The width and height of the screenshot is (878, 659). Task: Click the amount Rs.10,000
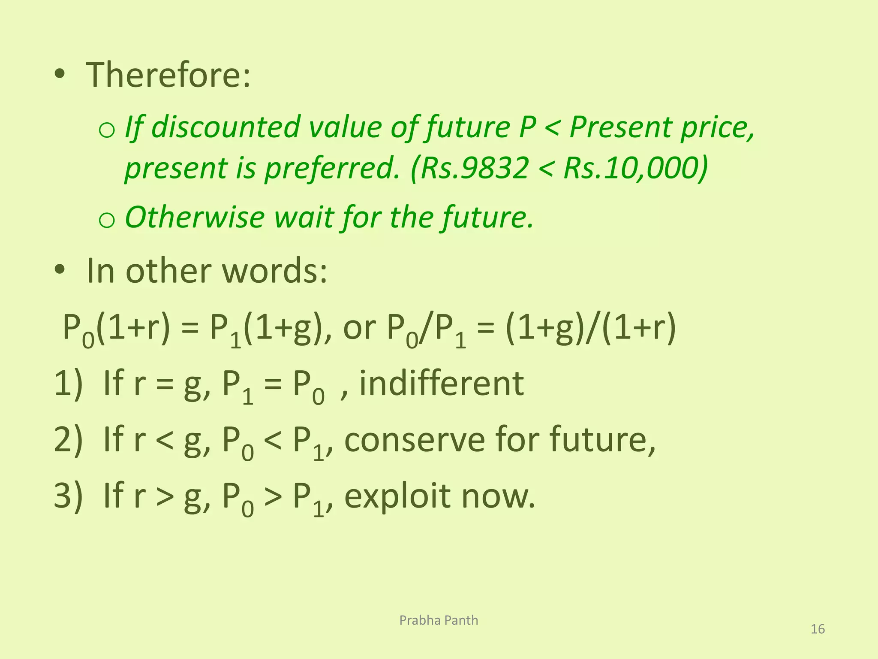coord(634,168)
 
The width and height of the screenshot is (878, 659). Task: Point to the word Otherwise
coord(195,217)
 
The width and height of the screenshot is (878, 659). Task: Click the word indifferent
coord(441,383)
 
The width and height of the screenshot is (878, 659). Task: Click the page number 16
coord(818,629)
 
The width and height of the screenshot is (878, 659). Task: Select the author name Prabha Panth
coord(439,620)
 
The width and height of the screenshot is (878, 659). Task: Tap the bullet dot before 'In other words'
coord(60,270)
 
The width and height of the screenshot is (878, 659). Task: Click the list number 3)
coord(68,496)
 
